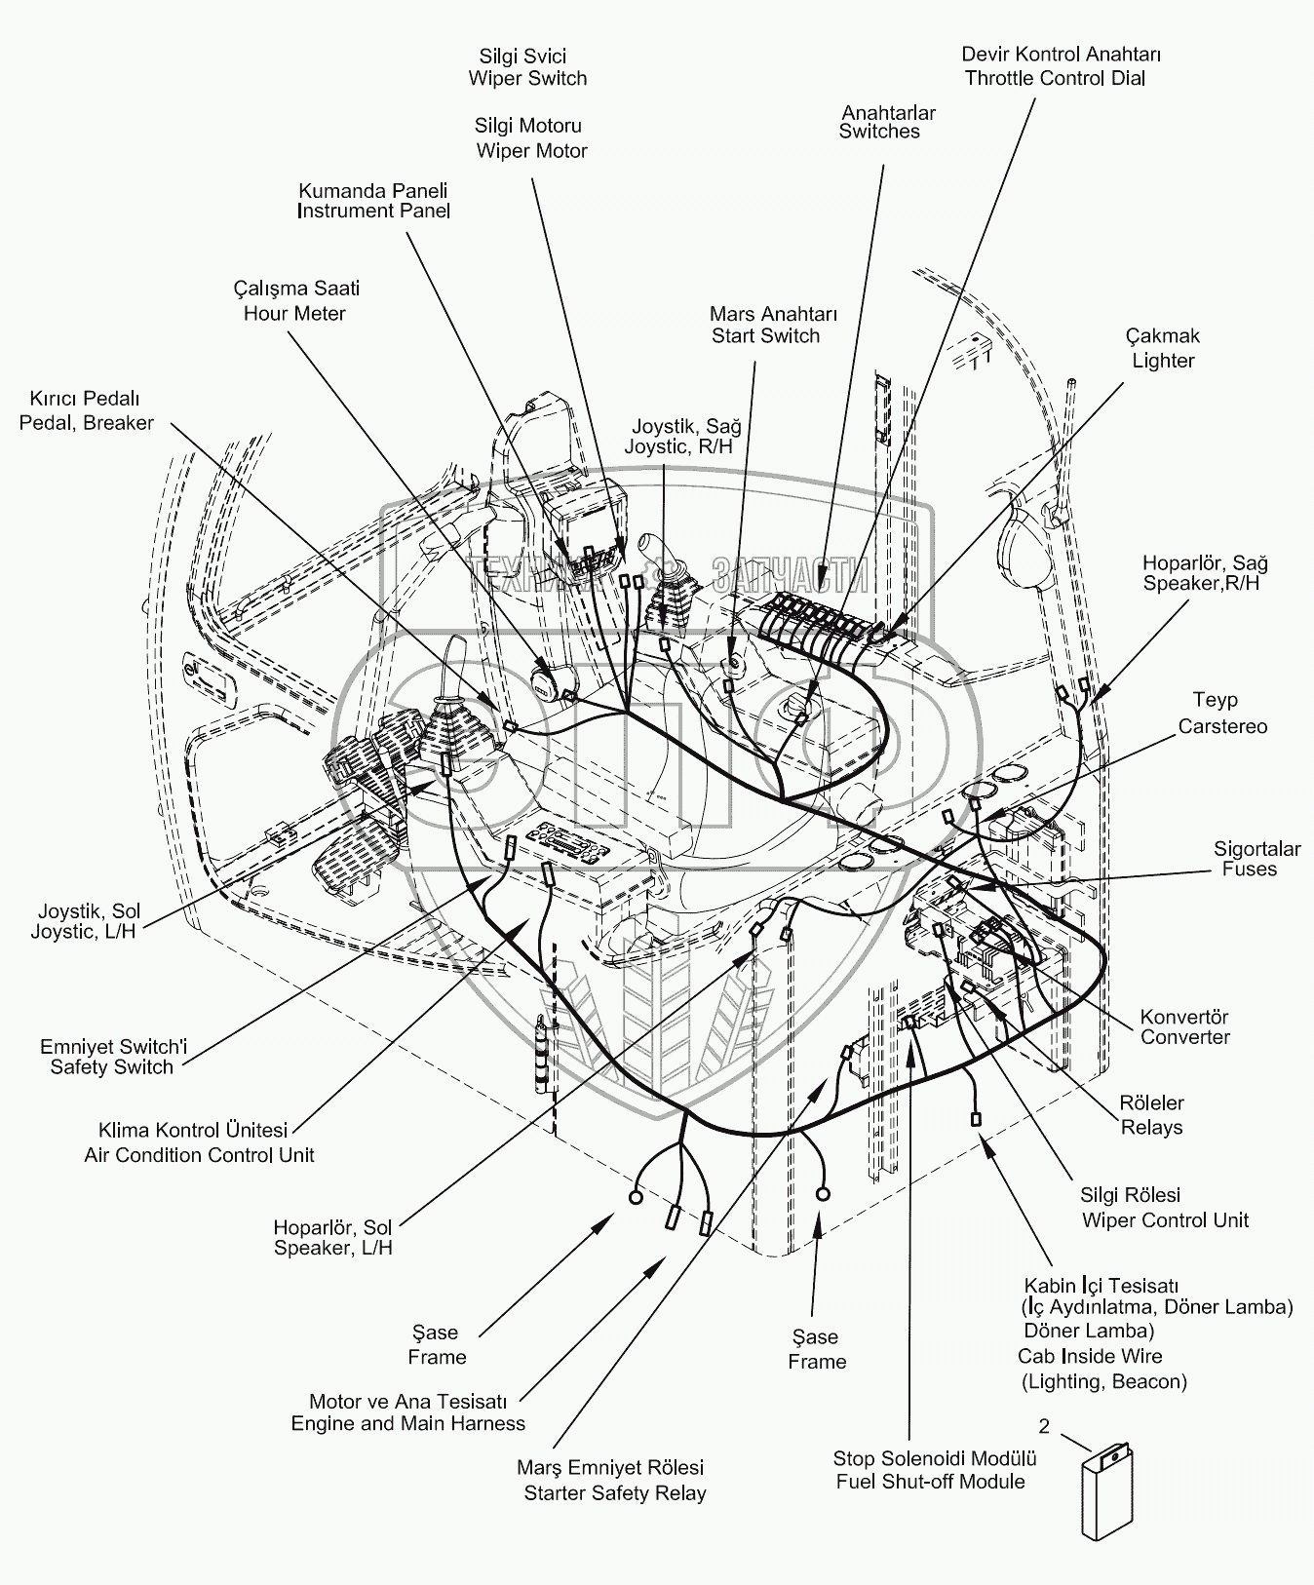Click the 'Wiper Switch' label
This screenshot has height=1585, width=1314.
(527, 79)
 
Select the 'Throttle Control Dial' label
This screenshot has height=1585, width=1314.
(1055, 79)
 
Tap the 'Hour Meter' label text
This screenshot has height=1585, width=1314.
(294, 313)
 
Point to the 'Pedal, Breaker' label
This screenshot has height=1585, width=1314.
(87, 423)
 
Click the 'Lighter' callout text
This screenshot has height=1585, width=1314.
(1163, 361)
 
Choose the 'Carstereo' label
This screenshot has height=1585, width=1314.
(1222, 726)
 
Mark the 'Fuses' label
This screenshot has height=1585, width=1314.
(1249, 869)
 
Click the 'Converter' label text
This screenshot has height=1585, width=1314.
(1185, 1037)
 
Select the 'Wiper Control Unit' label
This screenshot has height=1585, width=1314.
(1165, 1220)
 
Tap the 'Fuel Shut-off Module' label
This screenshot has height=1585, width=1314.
(930, 1482)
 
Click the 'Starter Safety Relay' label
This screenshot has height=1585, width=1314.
(614, 1493)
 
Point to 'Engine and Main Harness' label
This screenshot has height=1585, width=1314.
(407, 1423)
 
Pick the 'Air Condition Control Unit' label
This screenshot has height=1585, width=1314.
(199, 1155)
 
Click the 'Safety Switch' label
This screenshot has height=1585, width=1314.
(111, 1066)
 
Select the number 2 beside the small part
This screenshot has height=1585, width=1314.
(1044, 1427)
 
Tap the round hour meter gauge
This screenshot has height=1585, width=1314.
(543, 685)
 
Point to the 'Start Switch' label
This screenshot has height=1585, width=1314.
(765, 336)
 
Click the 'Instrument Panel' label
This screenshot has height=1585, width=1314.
(373, 211)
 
